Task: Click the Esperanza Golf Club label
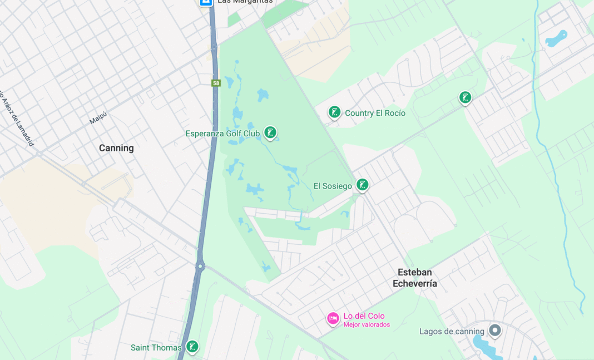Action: point(222,134)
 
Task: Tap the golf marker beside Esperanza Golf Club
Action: point(270,132)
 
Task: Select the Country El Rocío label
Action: point(375,113)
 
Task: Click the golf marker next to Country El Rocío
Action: point(334,112)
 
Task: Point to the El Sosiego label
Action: point(333,186)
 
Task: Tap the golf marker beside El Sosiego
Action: point(363,184)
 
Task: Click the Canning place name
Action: point(116,148)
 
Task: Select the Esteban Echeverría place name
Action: point(415,278)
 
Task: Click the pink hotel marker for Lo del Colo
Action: point(333,318)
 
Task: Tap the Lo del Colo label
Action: point(364,315)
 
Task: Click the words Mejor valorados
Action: point(367,324)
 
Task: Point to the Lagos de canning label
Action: point(452,332)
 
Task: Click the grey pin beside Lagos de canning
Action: point(494,331)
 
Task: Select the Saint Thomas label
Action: point(156,348)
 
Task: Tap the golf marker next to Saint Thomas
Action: point(192,347)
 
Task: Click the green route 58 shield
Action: point(216,83)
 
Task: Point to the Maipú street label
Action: point(98,118)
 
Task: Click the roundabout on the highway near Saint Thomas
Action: point(200,267)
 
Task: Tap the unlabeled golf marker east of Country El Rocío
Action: point(466,98)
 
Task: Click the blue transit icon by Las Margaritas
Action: point(206,2)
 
